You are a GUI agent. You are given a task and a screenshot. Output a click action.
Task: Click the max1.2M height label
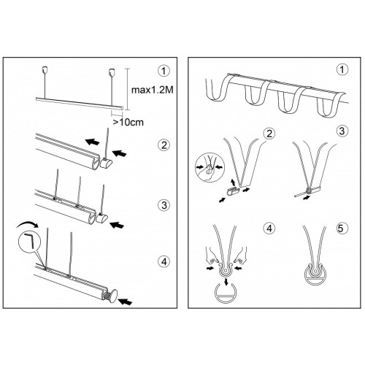[153, 90]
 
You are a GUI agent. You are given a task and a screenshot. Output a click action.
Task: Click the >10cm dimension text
[128, 122]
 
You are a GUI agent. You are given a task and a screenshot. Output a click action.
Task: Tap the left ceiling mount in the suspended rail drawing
[45, 69]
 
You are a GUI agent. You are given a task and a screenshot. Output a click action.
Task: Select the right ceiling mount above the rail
[112, 72]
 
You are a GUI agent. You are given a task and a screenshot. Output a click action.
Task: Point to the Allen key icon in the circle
[30, 240]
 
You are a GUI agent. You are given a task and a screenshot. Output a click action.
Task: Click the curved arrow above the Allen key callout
[27, 224]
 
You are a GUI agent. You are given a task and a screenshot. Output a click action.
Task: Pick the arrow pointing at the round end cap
[126, 301]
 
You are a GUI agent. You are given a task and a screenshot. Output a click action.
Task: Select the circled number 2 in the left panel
[164, 145]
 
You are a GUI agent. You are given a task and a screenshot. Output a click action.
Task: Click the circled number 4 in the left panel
[164, 262]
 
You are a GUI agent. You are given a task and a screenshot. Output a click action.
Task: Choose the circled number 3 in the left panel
[164, 205]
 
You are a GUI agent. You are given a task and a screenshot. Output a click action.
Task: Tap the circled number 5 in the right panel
[341, 228]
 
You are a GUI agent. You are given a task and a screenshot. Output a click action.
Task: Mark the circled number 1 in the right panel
[342, 70]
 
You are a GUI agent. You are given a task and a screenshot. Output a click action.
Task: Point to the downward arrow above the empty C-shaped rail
[226, 283]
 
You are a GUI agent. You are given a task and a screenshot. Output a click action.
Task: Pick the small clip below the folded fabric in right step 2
[232, 192]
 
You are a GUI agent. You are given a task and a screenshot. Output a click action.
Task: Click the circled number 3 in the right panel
[342, 131]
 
